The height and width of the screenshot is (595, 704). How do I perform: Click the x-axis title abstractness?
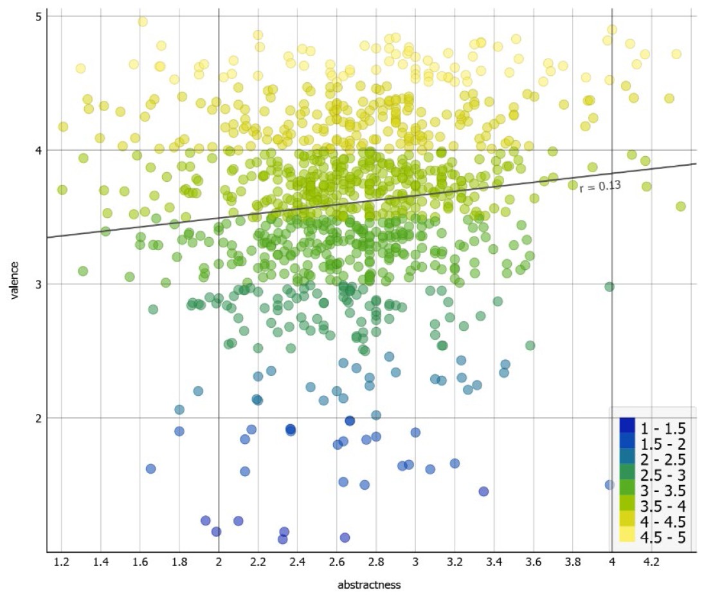[369, 585]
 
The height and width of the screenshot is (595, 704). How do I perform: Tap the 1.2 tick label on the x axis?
[62, 562]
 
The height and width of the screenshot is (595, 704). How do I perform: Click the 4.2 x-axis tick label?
[651, 562]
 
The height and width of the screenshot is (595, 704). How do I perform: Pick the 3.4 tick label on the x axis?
[494, 562]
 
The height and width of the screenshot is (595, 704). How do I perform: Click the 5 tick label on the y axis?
[38, 16]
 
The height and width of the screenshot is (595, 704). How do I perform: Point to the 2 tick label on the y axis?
[38, 418]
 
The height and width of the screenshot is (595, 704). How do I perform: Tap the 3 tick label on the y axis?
[38, 284]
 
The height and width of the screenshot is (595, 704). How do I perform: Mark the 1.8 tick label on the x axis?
[180, 562]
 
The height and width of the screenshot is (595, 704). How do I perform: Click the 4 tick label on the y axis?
[38, 150]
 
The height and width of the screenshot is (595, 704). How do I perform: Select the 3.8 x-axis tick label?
[573, 562]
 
